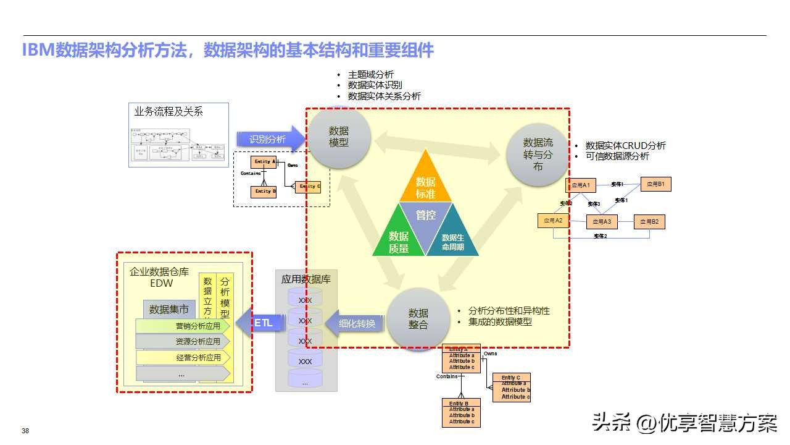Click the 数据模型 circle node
[339, 137]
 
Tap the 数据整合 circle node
[418, 318]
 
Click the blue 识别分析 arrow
[269, 139]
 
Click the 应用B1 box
[655, 184]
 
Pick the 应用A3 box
[602, 221]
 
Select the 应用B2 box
[649, 221]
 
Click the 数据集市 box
[169, 309]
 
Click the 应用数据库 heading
[306, 279]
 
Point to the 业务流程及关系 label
[168, 112]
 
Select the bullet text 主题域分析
[371, 75]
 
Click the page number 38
[25, 431]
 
